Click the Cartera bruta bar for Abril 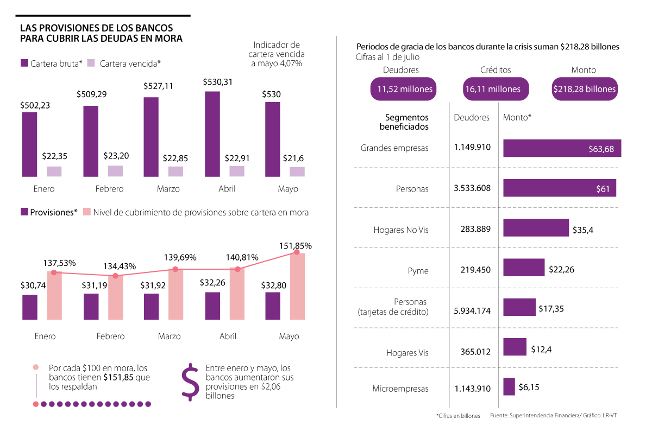coord(212,134)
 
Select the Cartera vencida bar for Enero coord(54,171)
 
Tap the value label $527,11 coord(158,86)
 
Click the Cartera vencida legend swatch coord(91,63)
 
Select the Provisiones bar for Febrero coord(91,307)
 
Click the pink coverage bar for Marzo coord(176,294)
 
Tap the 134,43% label coord(120,266)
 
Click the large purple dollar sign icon coord(190,382)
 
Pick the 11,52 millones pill coord(404,89)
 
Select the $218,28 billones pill coord(584,89)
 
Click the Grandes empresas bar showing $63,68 coord(562,149)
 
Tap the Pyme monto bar coord(524,268)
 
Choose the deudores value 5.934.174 coord(473,311)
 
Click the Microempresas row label coord(400,389)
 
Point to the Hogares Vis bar coord(515,347)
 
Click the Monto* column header coord(517,117)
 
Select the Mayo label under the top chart coord(288,189)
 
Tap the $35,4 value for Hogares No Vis coord(583,230)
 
